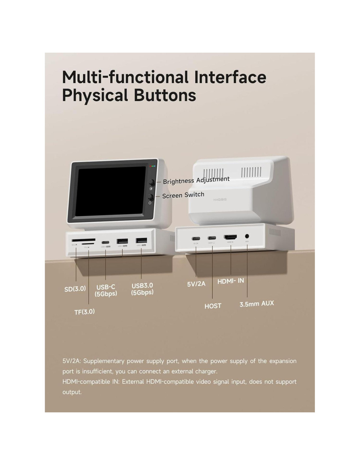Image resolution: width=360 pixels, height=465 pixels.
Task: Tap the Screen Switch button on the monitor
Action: tap(151, 197)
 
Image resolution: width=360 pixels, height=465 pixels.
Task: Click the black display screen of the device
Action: tap(111, 191)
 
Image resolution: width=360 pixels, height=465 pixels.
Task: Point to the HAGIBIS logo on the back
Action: tap(220, 199)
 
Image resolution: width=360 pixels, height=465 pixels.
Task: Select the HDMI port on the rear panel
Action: tap(231, 237)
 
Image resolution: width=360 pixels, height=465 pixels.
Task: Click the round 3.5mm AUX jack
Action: tap(247, 236)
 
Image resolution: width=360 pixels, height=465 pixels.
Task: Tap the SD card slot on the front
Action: tap(83, 240)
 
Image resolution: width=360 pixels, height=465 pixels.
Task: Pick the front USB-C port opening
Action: tap(105, 242)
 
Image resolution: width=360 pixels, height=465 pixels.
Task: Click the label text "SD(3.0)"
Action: tap(75, 289)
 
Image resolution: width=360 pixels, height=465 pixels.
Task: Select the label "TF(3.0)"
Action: tap(84, 312)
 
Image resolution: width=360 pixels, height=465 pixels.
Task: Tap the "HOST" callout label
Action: tap(213, 306)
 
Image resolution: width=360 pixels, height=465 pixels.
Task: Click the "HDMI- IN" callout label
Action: tap(231, 281)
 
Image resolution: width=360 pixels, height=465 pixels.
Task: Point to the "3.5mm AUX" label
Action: tap(257, 304)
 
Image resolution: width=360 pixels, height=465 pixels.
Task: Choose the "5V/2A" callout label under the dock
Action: tap(196, 284)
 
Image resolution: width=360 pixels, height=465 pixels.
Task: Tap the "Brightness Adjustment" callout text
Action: tap(196, 180)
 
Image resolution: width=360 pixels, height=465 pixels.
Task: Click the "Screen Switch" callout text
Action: tap(183, 195)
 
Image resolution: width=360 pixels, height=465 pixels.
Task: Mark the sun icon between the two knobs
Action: tap(151, 189)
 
